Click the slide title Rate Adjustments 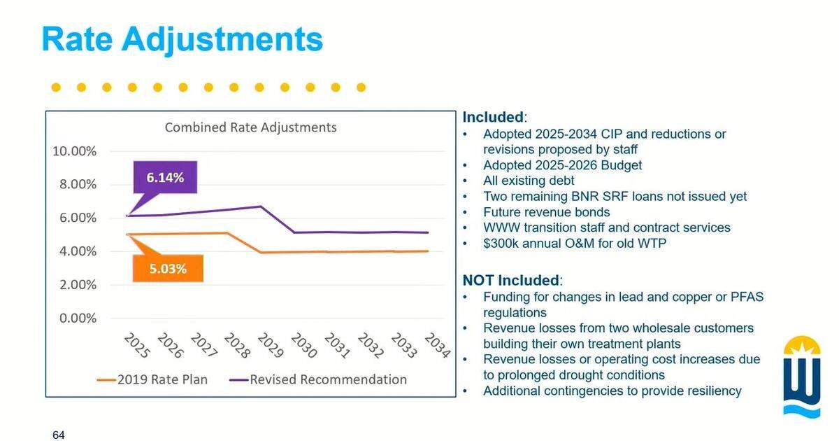coord(182,40)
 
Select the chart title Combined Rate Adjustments coord(250,127)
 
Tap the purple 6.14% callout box coord(165,177)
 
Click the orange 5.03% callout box coord(168,269)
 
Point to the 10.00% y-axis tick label coord(74,151)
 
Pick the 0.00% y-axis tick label coord(78,318)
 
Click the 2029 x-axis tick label coord(271,345)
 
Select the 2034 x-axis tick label coord(438,345)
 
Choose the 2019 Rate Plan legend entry coord(152,379)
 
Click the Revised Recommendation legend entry coord(318,379)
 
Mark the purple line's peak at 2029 coord(261,206)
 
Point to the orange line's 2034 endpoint coord(428,251)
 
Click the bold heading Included coord(493,117)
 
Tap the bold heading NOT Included coord(511,280)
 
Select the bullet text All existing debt coord(529,181)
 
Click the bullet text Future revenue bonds coord(547,212)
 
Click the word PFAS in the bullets coord(747,297)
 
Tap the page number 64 coord(59,435)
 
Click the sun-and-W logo coord(802,377)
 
